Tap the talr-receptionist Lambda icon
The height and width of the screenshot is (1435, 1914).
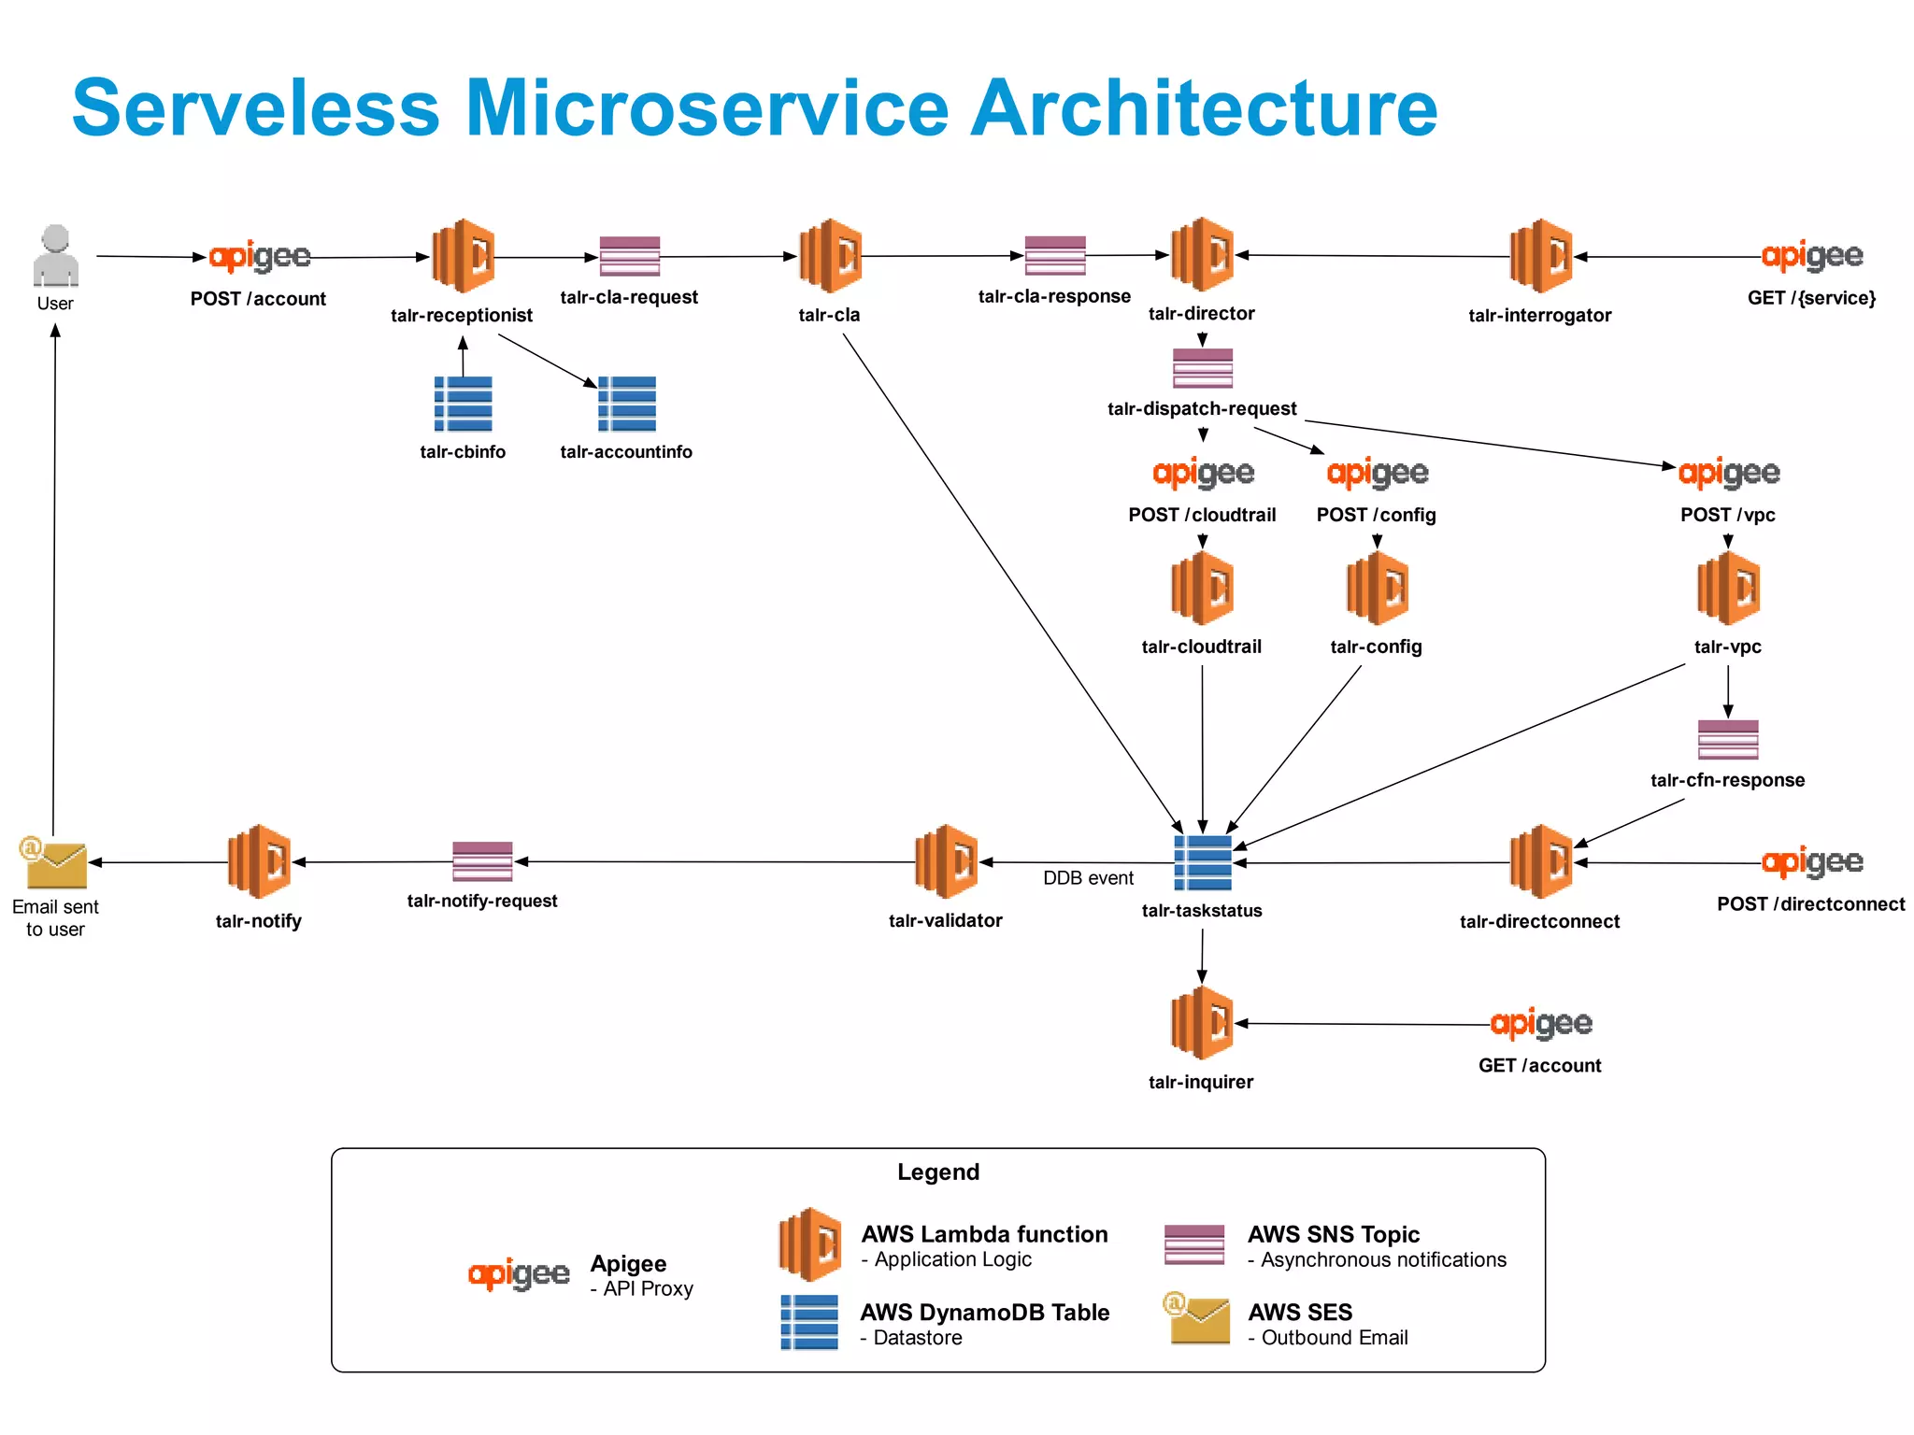coord(463,256)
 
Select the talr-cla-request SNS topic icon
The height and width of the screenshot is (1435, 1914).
coord(629,256)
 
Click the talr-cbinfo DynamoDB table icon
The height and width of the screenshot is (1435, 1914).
coord(463,404)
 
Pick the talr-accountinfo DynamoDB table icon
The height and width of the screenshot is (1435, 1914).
coord(626,404)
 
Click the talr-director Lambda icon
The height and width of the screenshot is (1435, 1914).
coord(1202,254)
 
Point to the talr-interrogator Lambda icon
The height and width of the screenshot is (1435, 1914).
coord(1540,256)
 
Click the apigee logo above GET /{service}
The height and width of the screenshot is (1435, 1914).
coord(1811,256)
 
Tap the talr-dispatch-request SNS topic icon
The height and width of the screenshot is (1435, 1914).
coord(1202,368)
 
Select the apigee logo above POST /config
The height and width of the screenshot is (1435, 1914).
coord(1377,474)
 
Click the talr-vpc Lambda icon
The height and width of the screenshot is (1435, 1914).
coord(1728,588)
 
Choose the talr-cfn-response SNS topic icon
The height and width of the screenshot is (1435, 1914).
coord(1727,740)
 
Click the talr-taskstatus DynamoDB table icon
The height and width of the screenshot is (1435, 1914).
coord(1202,862)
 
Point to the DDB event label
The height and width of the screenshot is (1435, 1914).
coord(1088,878)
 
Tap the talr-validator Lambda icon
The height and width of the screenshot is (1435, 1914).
coord(946,861)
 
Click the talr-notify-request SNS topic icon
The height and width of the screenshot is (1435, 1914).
coord(482,861)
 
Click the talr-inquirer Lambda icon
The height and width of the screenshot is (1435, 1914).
coord(1202,1023)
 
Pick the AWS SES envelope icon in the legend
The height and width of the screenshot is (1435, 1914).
coord(1198,1318)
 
